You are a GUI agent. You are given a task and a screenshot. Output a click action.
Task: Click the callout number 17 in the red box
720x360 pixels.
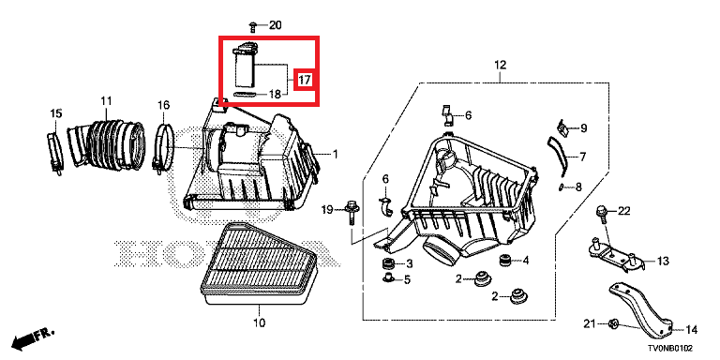coord(304,81)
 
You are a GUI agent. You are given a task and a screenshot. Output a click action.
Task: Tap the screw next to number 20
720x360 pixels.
coord(252,26)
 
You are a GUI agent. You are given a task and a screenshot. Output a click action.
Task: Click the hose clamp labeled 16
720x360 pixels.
coord(164,149)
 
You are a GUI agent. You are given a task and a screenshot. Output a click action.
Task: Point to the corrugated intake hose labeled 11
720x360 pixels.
coord(107,143)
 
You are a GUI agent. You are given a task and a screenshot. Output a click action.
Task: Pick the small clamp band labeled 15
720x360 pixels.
coord(55,153)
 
